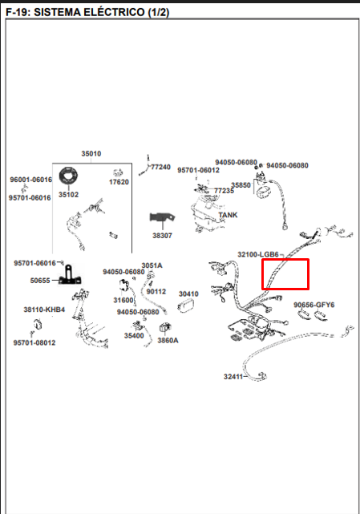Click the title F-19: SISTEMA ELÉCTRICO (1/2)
tap(87, 13)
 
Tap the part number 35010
tap(91, 154)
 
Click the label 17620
tap(119, 182)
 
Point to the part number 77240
tap(160, 167)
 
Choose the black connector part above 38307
tap(162, 217)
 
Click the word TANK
tap(228, 215)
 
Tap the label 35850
tap(241, 185)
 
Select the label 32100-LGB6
tap(258, 254)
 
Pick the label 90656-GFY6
tap(314, 305)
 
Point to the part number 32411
tap(233, 377)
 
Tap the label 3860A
tap(168, 341)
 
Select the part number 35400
tap(134, 336)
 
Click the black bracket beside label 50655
tap(70, 275)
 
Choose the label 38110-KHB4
tap(44, 310)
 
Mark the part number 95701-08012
tap(34, 343)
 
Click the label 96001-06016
tap(30, 180)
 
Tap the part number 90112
tap(156, 291)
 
